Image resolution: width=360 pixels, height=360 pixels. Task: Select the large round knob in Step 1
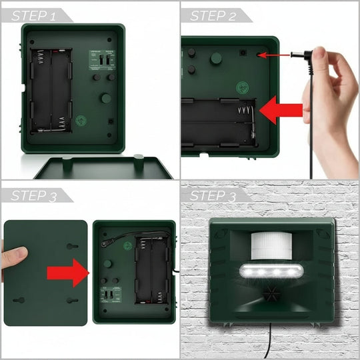105,98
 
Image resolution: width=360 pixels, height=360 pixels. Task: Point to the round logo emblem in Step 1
81,122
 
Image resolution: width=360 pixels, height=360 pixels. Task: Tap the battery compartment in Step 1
52,89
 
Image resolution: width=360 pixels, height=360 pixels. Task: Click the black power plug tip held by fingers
302,56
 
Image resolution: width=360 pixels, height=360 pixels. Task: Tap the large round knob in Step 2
216,59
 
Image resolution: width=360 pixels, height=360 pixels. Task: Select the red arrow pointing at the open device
69,272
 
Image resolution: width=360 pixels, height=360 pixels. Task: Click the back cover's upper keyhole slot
72,247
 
